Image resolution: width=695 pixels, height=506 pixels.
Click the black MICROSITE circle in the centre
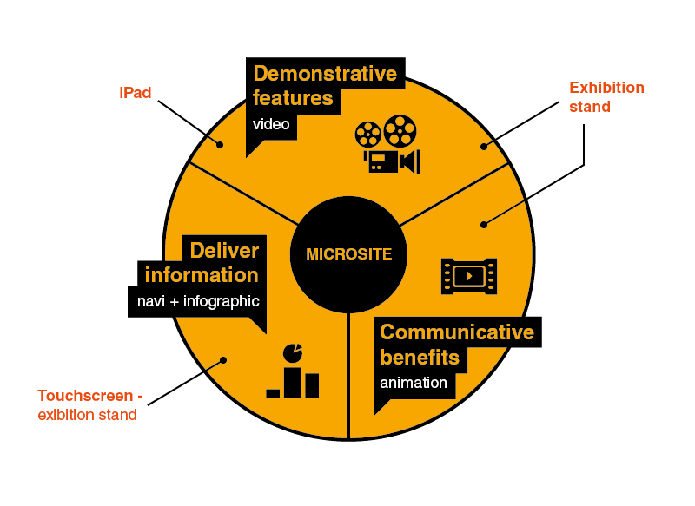coord(348,254)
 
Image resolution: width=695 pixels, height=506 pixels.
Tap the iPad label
coord(136,92)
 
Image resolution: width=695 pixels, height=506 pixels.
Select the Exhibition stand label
coord(606,97)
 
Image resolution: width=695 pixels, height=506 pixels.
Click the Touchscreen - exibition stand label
coord(89,405)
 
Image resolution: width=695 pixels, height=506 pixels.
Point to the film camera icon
coord(387,145)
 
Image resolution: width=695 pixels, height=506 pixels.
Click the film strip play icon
coord(469,276)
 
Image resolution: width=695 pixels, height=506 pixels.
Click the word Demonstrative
coord(325,73)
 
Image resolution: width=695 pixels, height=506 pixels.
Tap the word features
coord(293,98)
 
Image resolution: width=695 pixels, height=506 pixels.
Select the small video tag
coord(271,124)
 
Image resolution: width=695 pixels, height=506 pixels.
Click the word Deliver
coord(224,251)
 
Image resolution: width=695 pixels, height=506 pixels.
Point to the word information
coord(202,275)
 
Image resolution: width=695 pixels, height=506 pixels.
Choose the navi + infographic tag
coord(198,302)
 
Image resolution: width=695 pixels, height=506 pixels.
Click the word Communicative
coord(457,332)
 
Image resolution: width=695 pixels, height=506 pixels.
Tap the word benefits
coord(420,357)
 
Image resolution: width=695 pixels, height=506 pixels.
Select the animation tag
coord(414,383)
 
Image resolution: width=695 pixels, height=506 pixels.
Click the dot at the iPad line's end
coord(220,145)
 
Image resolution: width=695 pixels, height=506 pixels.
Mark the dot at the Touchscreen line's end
coord(223,359)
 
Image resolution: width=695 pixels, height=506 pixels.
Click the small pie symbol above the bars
coord(294,352)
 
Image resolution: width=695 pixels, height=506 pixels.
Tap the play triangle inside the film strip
coord(470,276)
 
